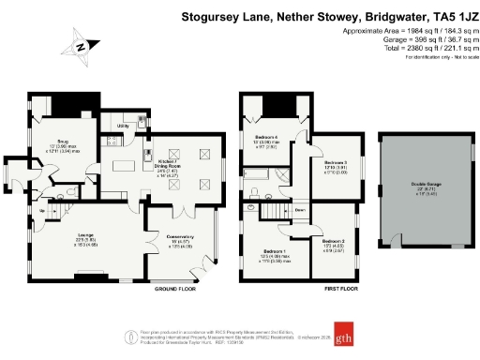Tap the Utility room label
pyautogui.click(x=122, y=125)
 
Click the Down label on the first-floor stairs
pyautogui.click(x=299, y=211)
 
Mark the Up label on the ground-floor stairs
pyautogui.click(x=44, y=211)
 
